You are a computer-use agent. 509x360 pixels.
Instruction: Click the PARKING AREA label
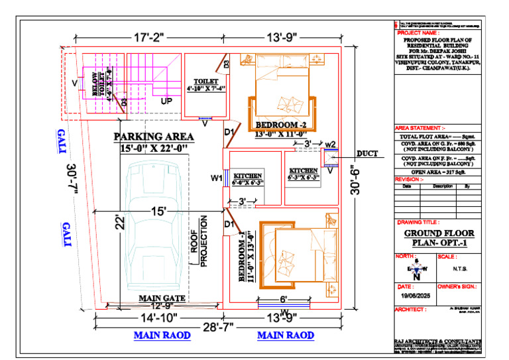[x=154, y=137]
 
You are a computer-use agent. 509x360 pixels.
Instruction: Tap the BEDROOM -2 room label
[x=280, y=125]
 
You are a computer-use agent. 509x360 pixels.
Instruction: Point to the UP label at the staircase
[x=167, y=101]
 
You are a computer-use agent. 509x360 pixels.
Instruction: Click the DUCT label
[x=367, y=154]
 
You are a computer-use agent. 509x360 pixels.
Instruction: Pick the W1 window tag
[x=215, y=177]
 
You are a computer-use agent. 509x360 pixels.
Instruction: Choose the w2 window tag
[x=331, y=144]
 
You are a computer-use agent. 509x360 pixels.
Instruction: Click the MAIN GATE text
[x=161, y=298]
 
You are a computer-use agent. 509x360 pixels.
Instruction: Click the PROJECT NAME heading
[x=418, y=32]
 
